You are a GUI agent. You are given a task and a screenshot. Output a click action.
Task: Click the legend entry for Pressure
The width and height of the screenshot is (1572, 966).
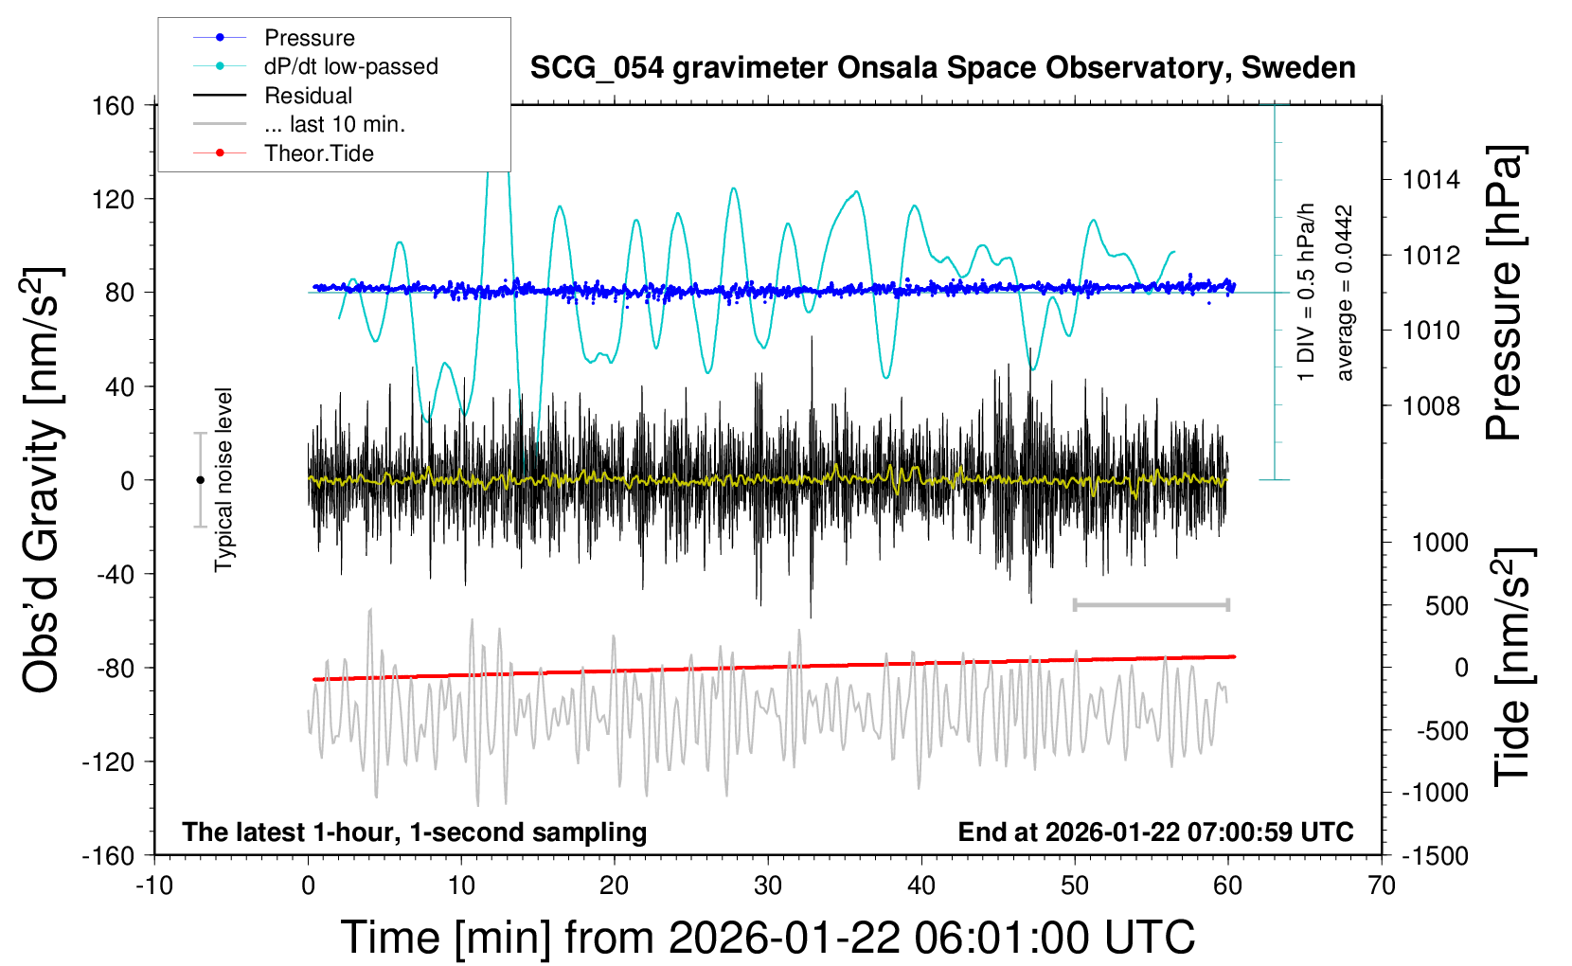coord(309,38)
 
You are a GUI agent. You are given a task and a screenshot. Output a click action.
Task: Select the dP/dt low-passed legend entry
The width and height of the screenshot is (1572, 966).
coord(350,66)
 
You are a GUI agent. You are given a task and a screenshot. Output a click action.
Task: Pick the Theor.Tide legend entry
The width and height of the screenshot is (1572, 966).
coord(318,153)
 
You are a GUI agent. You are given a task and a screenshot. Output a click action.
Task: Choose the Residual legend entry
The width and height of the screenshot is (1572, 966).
coord(308,96)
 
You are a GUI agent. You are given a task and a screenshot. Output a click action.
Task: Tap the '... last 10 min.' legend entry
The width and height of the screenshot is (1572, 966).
coord(334,124)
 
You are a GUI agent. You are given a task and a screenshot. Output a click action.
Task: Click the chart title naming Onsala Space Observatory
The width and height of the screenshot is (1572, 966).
coord(942,68)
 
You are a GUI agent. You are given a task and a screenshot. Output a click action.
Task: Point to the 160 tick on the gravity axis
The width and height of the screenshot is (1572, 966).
coord(113,105)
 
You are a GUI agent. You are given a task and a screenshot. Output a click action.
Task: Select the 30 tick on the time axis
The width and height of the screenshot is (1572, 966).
coord(768,885)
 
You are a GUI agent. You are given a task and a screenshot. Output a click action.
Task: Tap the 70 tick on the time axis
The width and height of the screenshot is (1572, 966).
coord(1382,885)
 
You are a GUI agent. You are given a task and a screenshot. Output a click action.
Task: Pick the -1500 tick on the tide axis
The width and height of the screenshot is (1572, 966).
coord(1436,856)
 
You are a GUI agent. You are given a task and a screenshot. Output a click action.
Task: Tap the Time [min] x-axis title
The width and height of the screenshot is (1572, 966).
coord(768,938)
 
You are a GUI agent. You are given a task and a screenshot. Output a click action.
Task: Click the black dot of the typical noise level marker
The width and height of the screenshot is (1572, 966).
coord(200,480)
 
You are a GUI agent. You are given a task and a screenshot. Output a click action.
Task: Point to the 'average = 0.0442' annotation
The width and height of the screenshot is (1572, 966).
coord(1345,293)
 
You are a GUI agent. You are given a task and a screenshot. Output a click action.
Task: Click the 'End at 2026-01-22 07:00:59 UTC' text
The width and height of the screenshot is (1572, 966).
coord(1155,832)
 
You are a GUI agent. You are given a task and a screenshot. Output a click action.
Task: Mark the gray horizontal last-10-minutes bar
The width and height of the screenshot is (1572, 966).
coord(1151,604)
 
